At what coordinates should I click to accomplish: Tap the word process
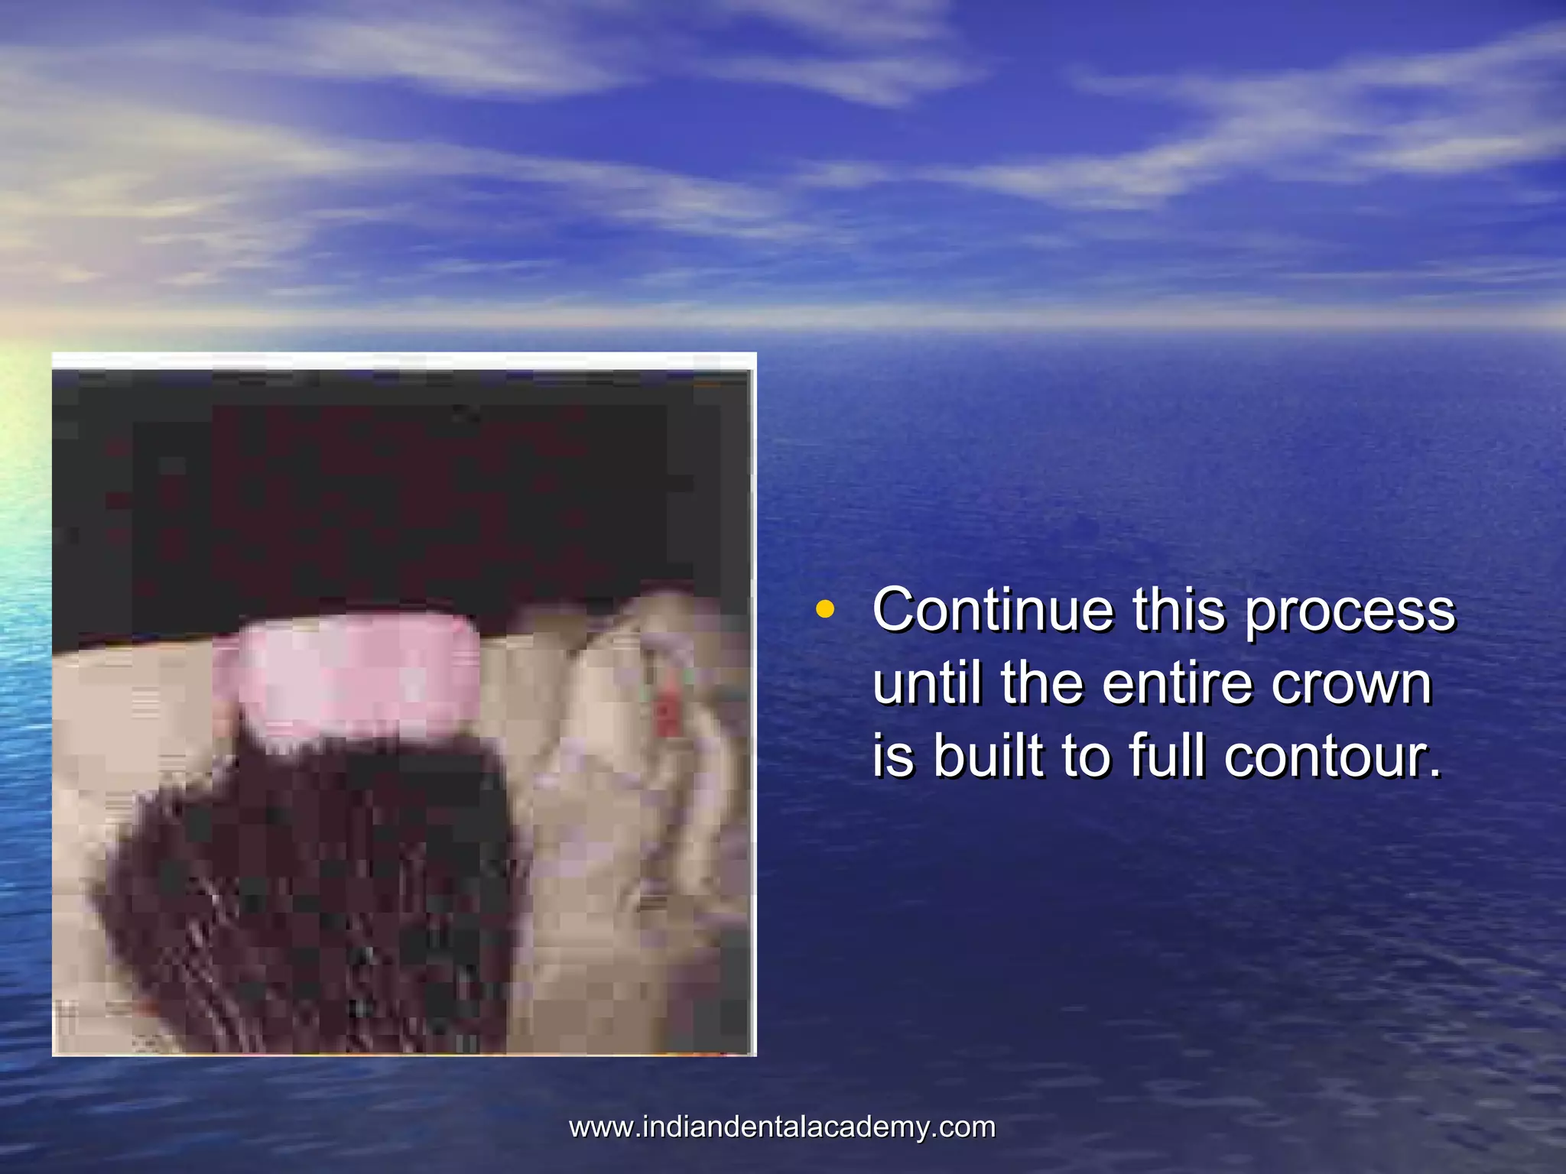pos(1350,611)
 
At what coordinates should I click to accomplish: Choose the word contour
pos(1332,757)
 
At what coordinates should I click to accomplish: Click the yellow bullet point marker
pos(824,610)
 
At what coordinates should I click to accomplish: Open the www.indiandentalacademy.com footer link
pos(782,1127)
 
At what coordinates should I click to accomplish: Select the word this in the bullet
pos(1178,610)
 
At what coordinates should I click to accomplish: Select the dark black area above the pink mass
pos(382,497)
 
